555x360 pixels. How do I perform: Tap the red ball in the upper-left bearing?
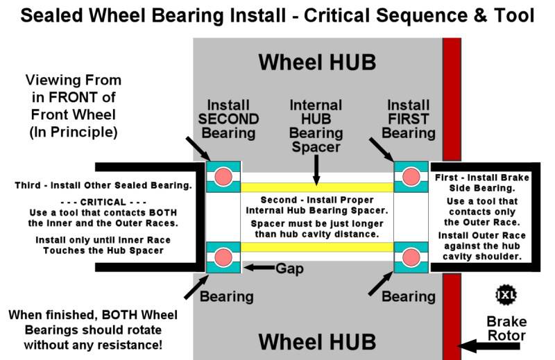[x=223, y=177]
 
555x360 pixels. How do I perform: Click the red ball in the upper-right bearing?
[x=411, y=177]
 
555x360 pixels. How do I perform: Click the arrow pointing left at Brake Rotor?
[x=483, y=343]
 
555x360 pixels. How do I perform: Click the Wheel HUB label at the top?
[x=317, y=62]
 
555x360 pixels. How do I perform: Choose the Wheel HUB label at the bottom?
[x=317, y=341]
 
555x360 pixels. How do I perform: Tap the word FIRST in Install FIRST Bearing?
[x=409, y=119]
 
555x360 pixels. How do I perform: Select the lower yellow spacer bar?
[x=317, y=247]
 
